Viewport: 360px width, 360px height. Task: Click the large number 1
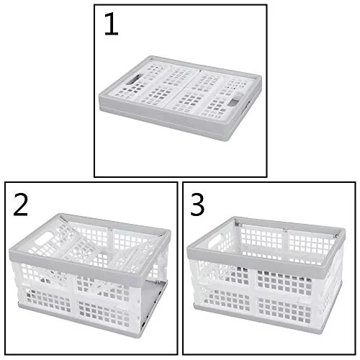[x=112, y=24]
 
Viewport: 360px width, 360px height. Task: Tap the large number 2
[x=21, y=204]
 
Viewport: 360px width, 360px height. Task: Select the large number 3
[x=197, y=204]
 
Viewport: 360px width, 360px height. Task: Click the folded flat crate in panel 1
[x=180, y=98]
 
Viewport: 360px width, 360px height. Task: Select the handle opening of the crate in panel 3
[x=215, y=241]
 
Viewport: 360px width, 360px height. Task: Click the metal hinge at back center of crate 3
[x=285, y=230]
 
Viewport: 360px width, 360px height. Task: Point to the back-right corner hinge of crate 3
[x=336, y=236]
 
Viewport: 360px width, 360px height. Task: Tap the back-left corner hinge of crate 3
[x=238, y=225]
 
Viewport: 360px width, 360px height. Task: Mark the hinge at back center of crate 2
[x=110, y=229]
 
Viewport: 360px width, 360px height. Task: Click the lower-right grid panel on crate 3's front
[x=284, y=311]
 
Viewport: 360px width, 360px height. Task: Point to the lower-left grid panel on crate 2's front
[x=48, y=300]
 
